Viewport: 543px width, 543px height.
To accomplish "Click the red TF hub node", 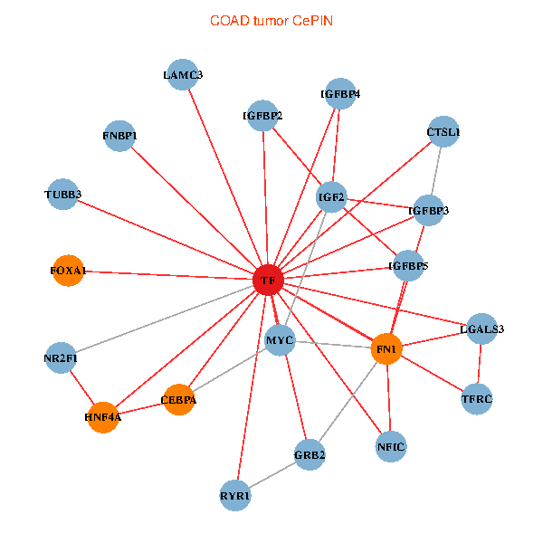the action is pyautogui.click(x=268, y=280).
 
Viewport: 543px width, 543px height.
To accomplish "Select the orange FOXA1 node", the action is pyautogui.click(x=68, y=271).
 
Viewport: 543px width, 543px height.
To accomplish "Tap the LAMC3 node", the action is pyautogui.click(x=183, y=74).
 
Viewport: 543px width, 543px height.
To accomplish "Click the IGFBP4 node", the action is pyautogui.click(x=340, y=93).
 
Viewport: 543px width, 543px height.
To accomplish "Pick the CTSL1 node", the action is pyautogui.click(x=443, y=131).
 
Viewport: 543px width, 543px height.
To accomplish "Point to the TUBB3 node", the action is pyautogui.click(x=62, y=195).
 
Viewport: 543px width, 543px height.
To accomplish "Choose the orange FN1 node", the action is pyautogui.click(x=386, y=349).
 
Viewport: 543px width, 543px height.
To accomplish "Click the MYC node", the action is pyautogui.click(x=281, y=340).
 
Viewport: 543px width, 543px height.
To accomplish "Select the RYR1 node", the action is pyautogui.click(x=235, y=496).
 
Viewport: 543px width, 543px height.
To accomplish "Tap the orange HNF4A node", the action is pyautogui.click(x=103, y=417).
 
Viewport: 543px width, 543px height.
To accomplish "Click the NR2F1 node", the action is pyautogui.click(x=61, y=357).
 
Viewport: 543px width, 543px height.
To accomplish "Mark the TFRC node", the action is pyautogui.click(x=477, y=399).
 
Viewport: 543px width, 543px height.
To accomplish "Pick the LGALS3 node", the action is pyautogui.click(x=482, y=329).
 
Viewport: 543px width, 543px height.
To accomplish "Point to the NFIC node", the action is pyautogui.click(x=391, y=447).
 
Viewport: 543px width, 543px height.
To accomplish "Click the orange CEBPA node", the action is pyautogui.click(x=178, y=400).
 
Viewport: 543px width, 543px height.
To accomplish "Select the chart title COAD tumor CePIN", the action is pyautogui.click(x=271, y=21).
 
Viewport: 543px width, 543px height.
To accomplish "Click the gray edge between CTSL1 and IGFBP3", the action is pyautogui.click(x=436, y=171).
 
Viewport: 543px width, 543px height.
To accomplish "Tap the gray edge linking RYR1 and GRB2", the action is pyautogui.click(x=272, y=475).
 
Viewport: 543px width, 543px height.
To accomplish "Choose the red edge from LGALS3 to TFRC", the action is pyautogui.click(x=480, y=364).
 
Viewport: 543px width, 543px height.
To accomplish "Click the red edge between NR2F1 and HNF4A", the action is pyautogui.click(x=82, y=387).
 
